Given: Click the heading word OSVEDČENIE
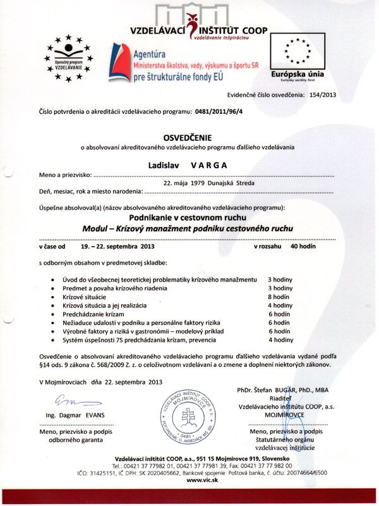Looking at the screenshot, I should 189,137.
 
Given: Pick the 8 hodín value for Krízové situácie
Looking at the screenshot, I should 279,297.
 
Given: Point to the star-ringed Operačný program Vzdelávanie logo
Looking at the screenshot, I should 69,58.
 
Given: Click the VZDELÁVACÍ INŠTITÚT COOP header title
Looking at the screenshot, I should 198,30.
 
